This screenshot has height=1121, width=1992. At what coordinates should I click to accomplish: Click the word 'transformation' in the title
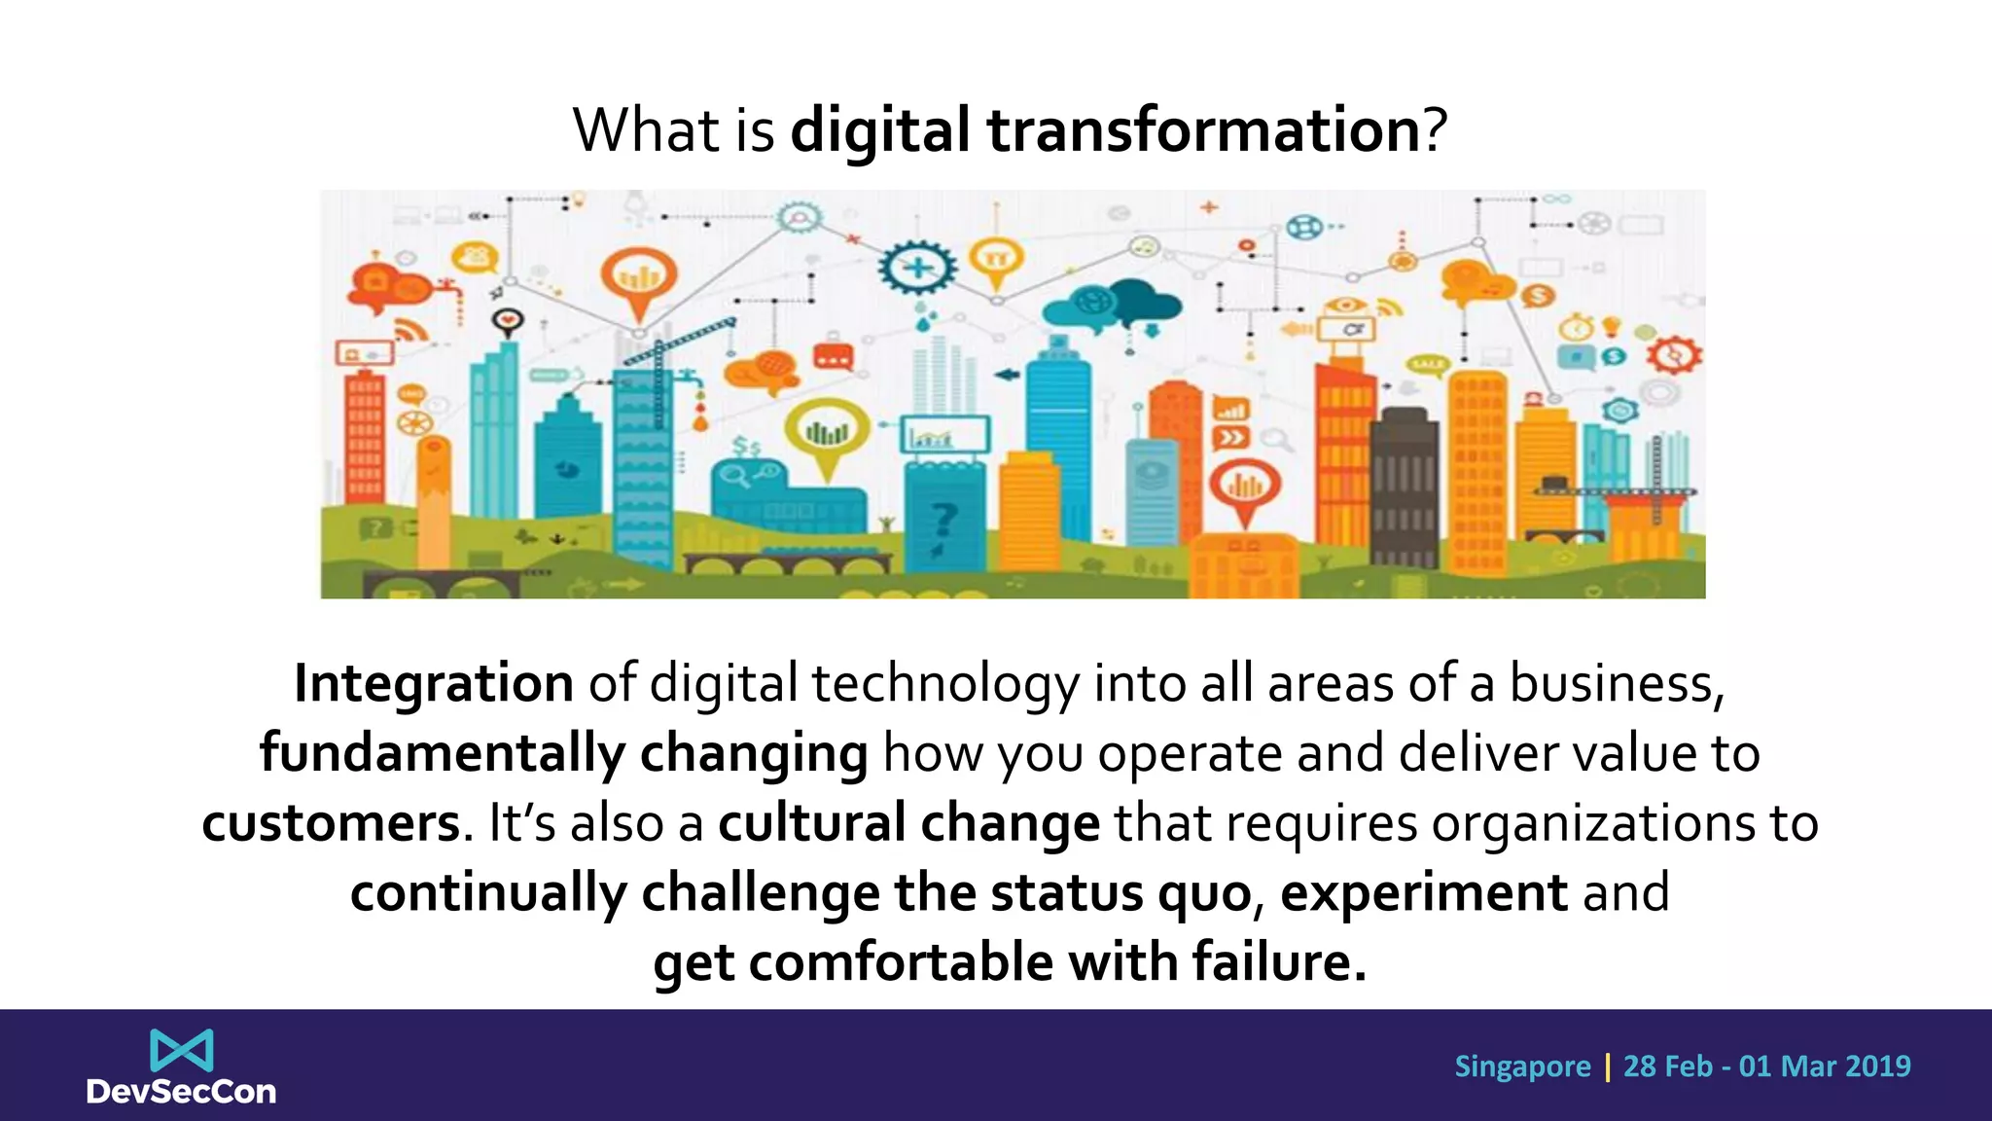[x=1204, y=130]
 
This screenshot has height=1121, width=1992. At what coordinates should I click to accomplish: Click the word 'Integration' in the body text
[x=434, y=683]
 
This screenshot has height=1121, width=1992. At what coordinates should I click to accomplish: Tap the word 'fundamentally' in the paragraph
[x=443, y=754]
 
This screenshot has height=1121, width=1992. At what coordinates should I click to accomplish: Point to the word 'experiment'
[x=1424, y=893]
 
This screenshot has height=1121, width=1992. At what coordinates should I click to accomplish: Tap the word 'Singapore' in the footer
[x=1522, y=1067]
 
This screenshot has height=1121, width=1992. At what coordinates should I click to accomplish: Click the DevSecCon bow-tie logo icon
[x=182, y=1051]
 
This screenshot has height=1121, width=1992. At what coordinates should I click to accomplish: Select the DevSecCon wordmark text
[x=182, y=1092]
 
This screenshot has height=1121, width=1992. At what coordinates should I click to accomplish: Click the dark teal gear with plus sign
[x=917, y=266]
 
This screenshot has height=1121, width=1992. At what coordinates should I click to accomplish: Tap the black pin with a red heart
[x=508, y=320]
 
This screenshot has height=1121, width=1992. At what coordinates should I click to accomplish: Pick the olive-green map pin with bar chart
[x=828, y=431]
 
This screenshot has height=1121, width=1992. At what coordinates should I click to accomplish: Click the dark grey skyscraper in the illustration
[x=1404, y=487]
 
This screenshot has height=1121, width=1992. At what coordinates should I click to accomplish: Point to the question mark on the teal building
[x=943, y=521]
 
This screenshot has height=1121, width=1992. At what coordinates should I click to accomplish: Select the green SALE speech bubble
[x=1428, y=365]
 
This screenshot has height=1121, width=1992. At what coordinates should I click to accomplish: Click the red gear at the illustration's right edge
[x=1674, y=356]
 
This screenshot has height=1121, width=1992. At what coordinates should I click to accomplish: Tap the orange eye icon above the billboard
[x=1346, y=305]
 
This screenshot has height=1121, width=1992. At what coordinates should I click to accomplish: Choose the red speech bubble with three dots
[x=834, y=357]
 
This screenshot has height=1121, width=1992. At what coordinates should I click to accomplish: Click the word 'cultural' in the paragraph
[x=812, y=823]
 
